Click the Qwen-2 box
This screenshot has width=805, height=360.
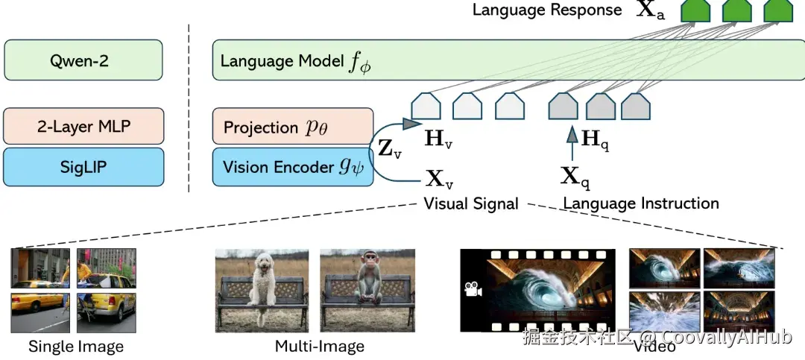click(83, 60)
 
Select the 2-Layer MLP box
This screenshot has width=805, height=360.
click(83, 127)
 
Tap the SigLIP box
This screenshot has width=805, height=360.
click(83, 166)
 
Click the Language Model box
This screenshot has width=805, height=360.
click(507, 61)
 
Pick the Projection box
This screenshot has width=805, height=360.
click(292, 127)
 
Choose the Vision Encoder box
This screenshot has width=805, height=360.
click(292, 166)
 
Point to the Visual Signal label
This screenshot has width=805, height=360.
click(470, 203)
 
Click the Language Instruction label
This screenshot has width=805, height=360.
click(640, 203)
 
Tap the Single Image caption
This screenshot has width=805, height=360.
click(75, 346)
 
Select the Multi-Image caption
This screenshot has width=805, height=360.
click(319, 346)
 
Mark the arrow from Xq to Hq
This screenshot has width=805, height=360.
click(572, 145)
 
